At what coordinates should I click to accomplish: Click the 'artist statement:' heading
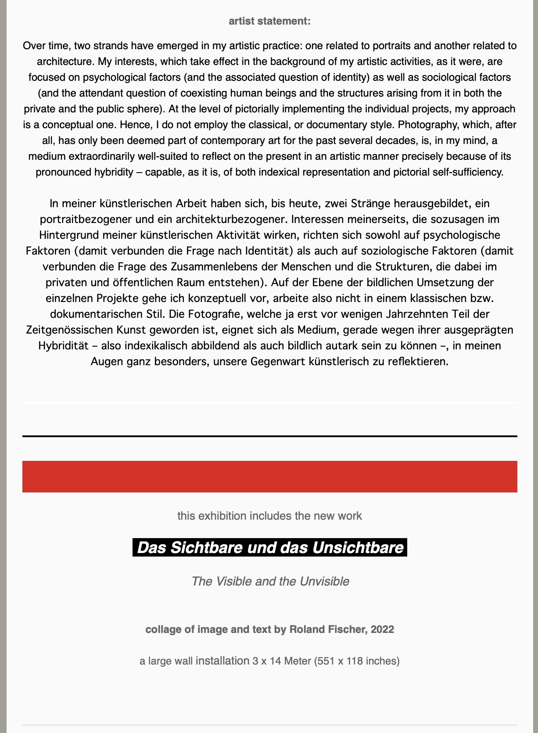coord(269,21)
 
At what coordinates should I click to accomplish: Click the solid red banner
coord(269,476)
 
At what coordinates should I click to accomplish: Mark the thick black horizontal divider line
coord(269,436)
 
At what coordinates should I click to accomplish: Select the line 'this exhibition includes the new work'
coord(269,516)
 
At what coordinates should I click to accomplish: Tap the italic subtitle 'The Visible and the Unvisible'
coord(270,581)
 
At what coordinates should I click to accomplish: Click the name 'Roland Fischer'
coord(328,629)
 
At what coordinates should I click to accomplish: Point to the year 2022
coord(382,629)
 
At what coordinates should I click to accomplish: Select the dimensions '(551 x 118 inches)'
coord(357,661)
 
